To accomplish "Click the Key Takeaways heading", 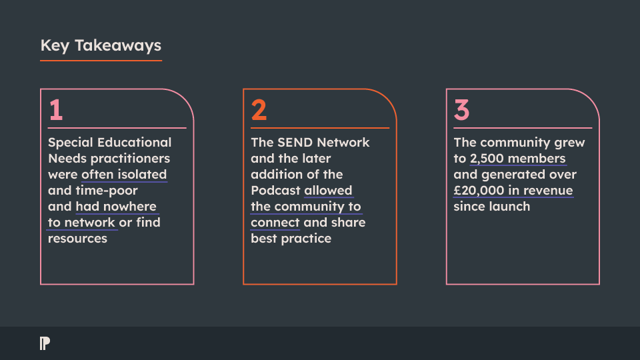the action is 101,45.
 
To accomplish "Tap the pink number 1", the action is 56,110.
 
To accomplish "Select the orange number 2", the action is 259,110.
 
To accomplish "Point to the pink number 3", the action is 461,110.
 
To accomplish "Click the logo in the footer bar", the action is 45,343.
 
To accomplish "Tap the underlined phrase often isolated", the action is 124,174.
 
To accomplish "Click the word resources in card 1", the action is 77,239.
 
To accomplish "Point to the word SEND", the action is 295,142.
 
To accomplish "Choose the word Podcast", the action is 275,190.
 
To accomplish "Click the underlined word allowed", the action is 328,190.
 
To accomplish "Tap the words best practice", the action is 291,239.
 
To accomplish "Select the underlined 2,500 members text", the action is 518,159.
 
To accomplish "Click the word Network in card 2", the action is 343,142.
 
